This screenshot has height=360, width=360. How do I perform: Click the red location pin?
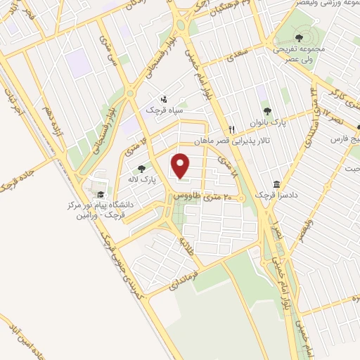(181, 165)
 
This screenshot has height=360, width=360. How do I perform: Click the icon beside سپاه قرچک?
(164, 99)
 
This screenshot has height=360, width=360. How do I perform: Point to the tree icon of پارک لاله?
(143, 169)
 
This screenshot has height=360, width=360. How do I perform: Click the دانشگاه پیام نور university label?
(99, 208)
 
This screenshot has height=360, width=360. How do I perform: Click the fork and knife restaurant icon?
(231, 129)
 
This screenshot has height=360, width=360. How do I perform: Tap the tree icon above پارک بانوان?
(267, 110)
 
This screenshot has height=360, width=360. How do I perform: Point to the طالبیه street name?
(185, 245)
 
